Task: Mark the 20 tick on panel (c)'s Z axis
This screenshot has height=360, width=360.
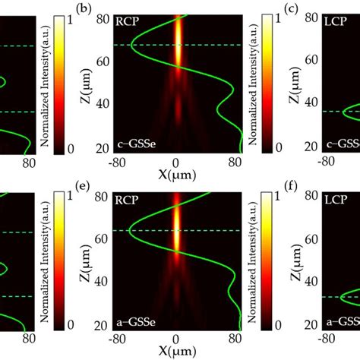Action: point(310,147)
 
